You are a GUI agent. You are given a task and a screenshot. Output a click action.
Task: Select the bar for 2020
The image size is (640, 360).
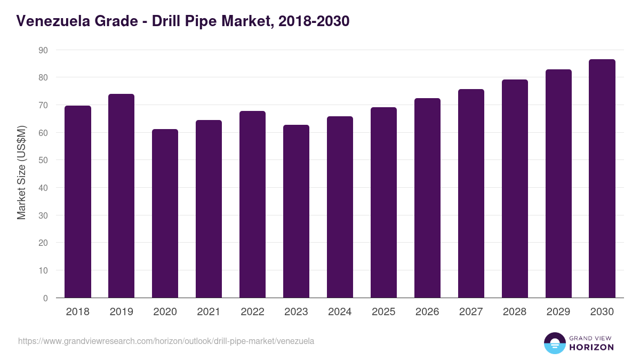pos(165,213)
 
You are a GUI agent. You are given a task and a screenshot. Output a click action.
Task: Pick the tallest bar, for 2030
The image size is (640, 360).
pos(602,179)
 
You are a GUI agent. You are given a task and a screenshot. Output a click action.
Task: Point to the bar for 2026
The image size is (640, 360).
pos(428,198)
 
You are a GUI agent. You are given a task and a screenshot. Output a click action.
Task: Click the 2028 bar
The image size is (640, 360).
pos(515,189)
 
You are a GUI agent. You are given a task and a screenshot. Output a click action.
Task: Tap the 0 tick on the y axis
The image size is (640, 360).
pos(45,298)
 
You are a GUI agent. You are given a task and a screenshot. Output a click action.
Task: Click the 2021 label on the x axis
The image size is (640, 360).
pos(209,312)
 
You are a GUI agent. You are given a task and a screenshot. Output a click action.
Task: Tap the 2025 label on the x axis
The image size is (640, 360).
pos(384,312)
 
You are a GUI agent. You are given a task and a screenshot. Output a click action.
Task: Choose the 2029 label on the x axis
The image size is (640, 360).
pos(558,312)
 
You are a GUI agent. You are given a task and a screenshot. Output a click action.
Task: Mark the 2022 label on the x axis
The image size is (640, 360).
pos(253,312)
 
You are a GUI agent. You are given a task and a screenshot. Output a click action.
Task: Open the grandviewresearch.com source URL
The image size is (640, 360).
pos(166,341)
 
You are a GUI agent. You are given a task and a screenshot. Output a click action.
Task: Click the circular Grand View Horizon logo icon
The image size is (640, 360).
pos(555,343)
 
